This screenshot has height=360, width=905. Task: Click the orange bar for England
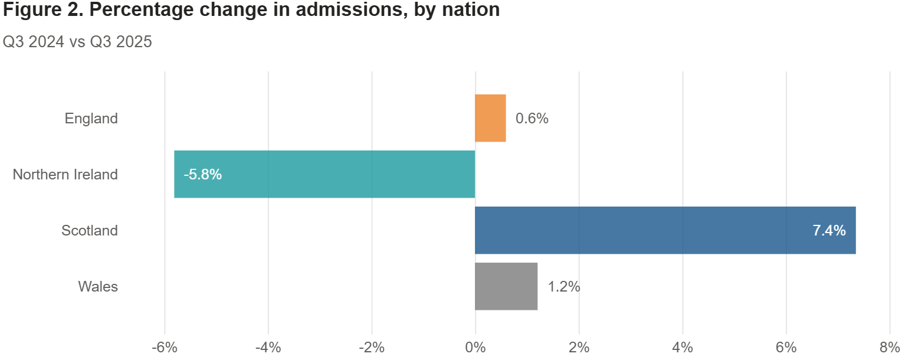click(490, 118)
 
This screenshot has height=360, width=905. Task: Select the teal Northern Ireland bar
click(324, 174)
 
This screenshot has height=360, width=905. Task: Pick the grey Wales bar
click(506, 286)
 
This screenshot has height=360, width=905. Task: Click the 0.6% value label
click(532, 119)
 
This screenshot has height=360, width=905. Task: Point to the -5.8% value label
click(202, 175)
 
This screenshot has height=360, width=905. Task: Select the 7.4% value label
click(829, 231)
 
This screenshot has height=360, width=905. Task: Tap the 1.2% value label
click(564, 287)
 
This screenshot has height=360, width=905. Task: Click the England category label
click(91, 119)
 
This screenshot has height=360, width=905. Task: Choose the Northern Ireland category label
click(65, 175)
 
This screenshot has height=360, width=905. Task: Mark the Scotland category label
click(90, 231)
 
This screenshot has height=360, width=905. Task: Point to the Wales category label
click(98, 287)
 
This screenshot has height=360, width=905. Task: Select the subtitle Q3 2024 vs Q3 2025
click(77, 42)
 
